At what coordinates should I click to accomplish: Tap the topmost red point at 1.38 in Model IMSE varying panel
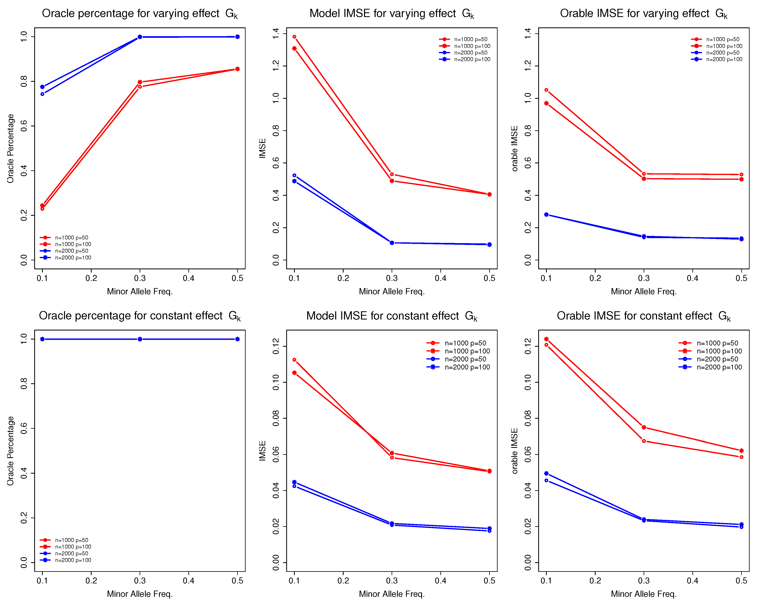(x=294, y=37)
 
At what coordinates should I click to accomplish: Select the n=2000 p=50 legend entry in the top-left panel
(x=72, y=251)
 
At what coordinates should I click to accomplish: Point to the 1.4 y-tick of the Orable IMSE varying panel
(x=528, y=34)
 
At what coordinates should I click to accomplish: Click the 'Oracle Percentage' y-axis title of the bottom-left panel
(x=11, y=451)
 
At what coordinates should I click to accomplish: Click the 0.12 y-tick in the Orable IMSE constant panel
(x=528, y=346)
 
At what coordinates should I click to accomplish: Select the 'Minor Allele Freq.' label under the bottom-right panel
(x=644, y=594)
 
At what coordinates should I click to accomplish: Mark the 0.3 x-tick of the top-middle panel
(x=392, y=278)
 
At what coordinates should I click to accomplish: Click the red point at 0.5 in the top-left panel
(x=238, y=69)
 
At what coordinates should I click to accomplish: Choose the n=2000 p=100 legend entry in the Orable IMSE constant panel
(x=719, y=367)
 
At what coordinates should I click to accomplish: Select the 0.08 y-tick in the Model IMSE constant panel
(x=276, y=418)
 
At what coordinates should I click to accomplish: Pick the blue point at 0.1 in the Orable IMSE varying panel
(x=546, y=215)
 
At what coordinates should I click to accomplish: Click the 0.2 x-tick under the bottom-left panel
(x=91, y=581)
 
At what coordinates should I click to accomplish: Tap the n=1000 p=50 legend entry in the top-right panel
(x=723, y=39)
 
